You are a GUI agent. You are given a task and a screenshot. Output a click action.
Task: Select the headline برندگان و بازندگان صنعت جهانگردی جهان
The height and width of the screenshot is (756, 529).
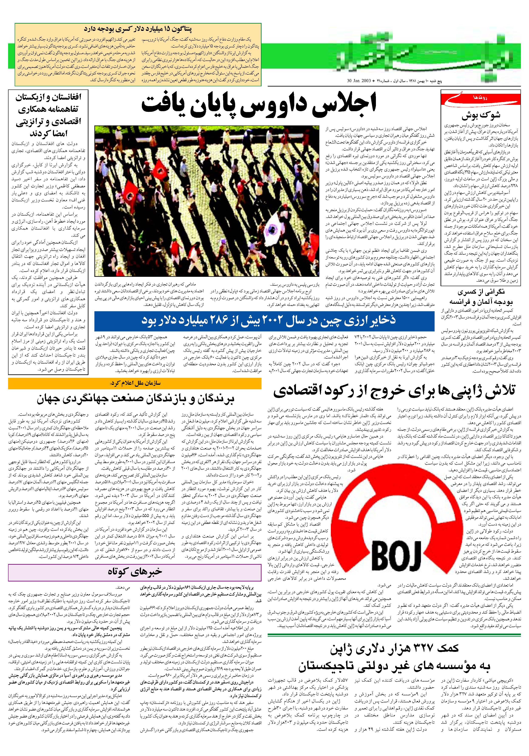tap(135, 399)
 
